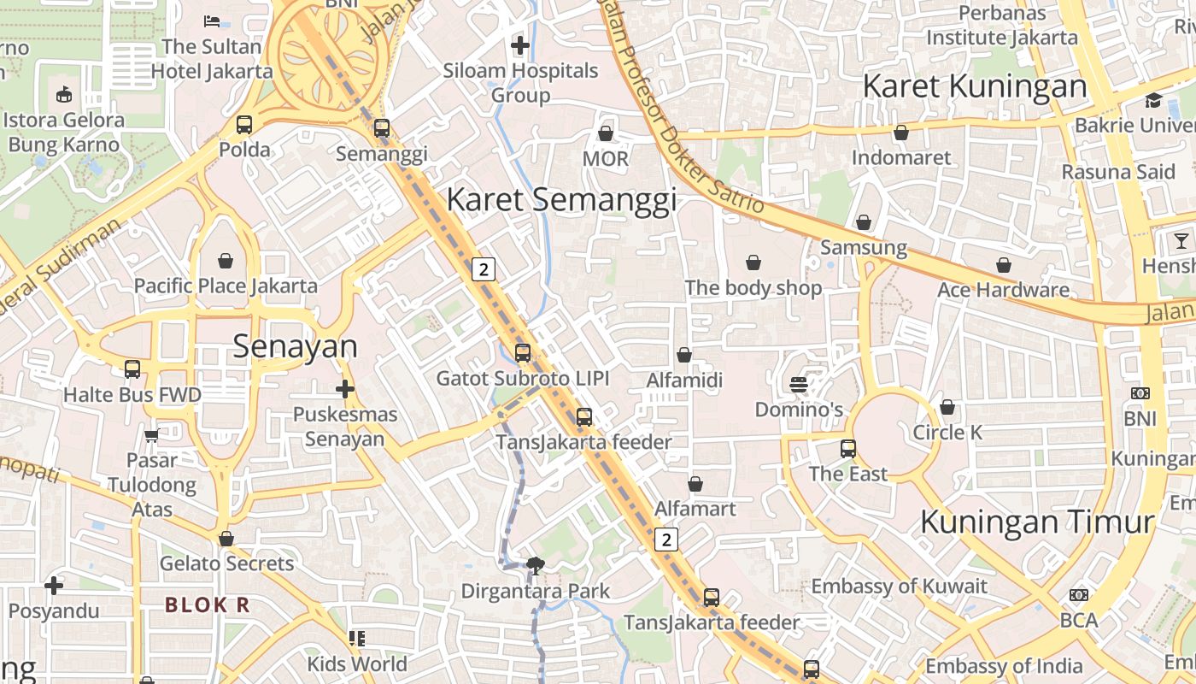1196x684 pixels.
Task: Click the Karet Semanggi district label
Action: (561, 199)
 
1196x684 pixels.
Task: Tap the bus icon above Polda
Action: (244, 125)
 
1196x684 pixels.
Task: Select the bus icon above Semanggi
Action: (382, 128)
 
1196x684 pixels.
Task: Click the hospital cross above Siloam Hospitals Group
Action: (519, 44)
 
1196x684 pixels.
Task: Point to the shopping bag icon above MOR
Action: (605, 133)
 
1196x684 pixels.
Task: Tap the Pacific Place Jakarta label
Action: (226, 286)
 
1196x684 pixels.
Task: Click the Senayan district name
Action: (295, 346)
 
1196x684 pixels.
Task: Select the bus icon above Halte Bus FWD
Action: (132, 369)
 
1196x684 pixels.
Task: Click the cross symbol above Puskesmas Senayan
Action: (344, 390)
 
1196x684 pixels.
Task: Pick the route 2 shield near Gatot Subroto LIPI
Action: (484, 269)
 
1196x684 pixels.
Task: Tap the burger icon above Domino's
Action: (799, 385)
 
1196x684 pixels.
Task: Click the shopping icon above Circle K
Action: (947, 408)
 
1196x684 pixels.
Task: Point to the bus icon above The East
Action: (847, 448)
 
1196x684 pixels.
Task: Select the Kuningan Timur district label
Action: (1037, 522)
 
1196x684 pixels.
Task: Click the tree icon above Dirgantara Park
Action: (536, 564)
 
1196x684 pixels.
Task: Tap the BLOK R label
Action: (208, 604)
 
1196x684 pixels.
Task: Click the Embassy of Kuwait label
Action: (899, 587)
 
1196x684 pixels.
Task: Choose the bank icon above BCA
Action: (1078, 594)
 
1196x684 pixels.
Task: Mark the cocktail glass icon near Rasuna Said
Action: (1181, 240)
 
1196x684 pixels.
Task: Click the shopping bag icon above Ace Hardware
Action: (1004, 265)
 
